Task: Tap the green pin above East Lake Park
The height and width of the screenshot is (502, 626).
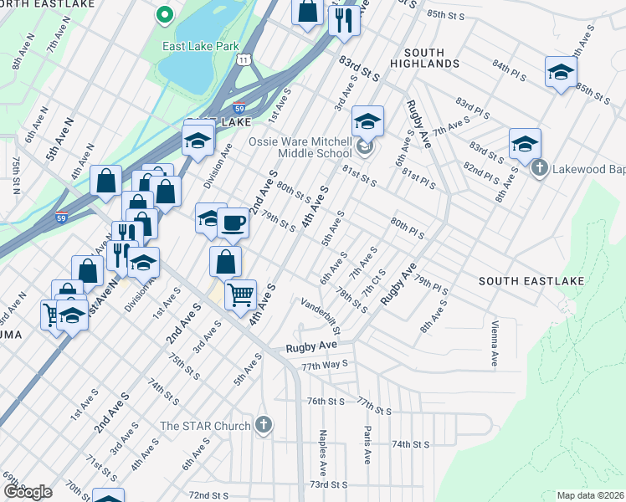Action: [165, 14]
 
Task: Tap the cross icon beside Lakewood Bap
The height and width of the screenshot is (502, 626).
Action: [541, 168]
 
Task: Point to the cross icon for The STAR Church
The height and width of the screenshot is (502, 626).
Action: [264, 425]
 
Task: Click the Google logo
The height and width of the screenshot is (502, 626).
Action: [28, 491]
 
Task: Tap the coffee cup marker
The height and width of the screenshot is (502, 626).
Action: [232, 223]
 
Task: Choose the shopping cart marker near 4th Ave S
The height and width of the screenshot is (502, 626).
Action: [240, 295]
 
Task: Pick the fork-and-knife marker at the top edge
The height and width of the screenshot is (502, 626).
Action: [343, 18]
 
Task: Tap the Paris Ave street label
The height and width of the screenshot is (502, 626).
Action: [367, 444]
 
